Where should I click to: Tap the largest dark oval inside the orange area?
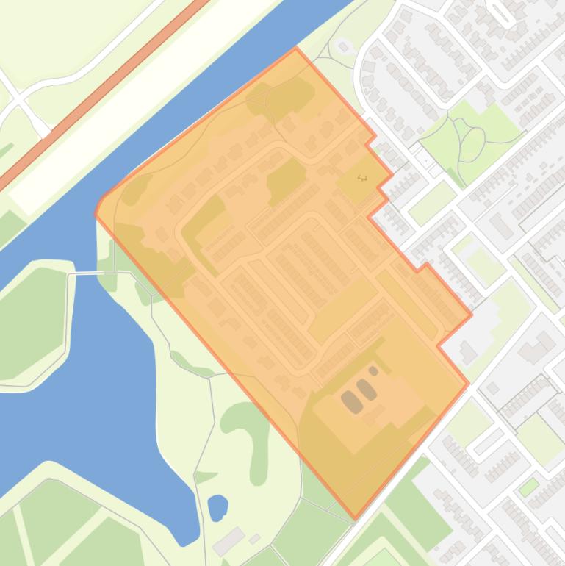pyautogui.click(x=351, y=402)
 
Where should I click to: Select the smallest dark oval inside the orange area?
pyautogui.click(x=373, y=371)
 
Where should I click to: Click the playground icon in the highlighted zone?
pyautogui.click(x=361, y=177)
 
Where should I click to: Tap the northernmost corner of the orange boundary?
pyautogui.click(x=295, y=49)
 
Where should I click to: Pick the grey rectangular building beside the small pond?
pyautogui.click(x=228, y=540)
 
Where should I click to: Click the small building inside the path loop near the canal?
pyautogui.click(x=342, y=47)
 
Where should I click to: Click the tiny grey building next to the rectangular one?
pyautogui.click(x=255, y=539)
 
